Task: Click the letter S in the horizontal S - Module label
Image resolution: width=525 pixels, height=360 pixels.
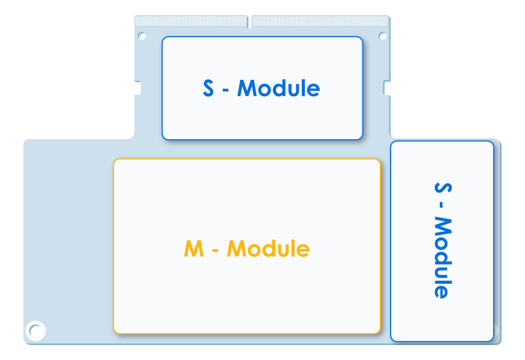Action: pos(208,88)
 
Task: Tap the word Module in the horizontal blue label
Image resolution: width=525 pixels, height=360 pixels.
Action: pos(278,88)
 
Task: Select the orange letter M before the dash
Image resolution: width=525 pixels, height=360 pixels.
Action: pos(194,248)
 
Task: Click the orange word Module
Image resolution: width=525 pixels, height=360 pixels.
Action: pos(268,248)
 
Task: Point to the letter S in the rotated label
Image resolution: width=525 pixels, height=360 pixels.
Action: pos(443,188)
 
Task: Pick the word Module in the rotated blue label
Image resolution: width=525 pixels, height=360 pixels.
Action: pos(443,257)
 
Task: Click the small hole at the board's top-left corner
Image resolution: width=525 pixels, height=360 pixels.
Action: pos(142,36)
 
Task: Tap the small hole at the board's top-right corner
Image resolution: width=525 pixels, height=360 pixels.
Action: pos(382,36)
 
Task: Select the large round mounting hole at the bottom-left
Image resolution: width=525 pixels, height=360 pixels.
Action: pos(35,331)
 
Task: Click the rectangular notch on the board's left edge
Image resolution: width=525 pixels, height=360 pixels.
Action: pos(137,88)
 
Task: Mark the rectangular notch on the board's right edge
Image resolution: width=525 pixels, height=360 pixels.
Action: pos(387,88)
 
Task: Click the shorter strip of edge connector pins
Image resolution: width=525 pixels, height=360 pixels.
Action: pos(191,21)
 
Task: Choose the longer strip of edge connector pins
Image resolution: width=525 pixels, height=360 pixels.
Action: pos(320,21)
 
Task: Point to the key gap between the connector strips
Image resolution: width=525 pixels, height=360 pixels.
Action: pos(250,22)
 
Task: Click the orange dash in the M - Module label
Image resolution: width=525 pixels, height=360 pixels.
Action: pos(215,250)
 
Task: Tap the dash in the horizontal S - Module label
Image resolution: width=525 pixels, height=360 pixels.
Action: pos(226,90)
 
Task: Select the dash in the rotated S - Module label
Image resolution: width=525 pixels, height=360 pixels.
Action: pos(441,205)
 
